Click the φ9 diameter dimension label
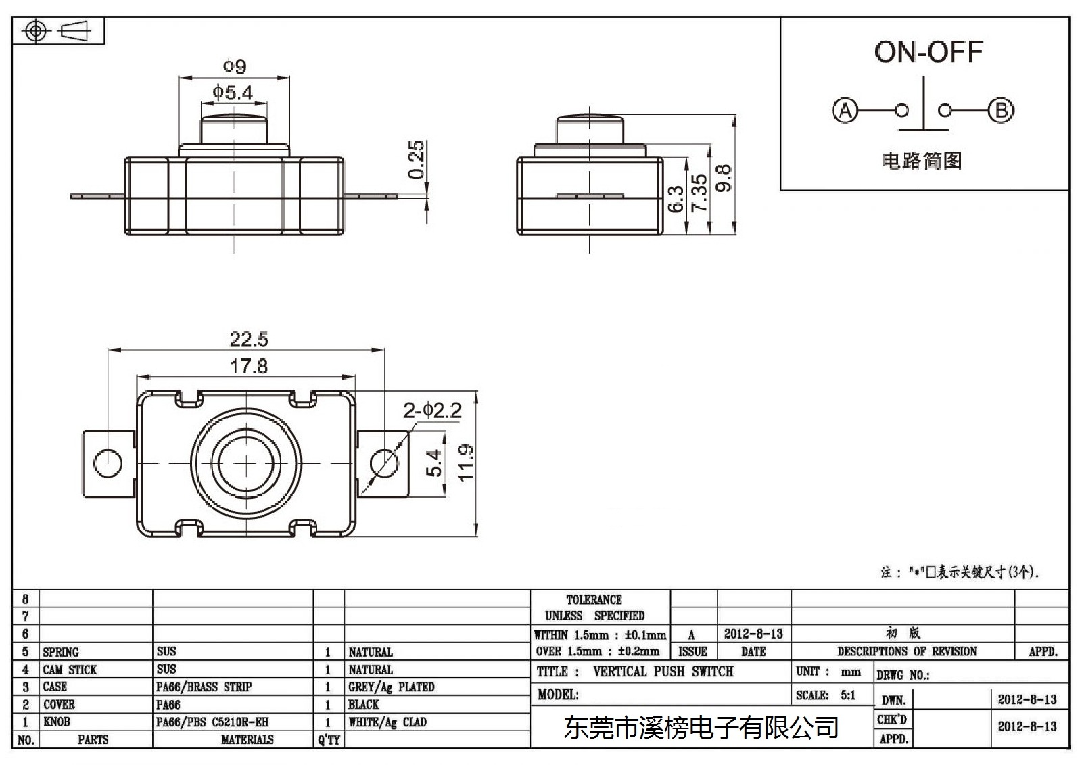234,66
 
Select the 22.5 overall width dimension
249,340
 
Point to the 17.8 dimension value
249,367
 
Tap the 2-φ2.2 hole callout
432,411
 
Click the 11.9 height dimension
466,463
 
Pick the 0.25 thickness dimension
416,160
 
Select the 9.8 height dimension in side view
724,179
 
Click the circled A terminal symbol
845,111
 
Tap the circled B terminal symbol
1001,111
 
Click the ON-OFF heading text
928,51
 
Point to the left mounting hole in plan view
108,463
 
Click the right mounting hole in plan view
385,463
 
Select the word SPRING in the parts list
61,653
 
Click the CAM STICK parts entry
70,670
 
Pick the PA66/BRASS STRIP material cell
204,687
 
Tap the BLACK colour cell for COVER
364,705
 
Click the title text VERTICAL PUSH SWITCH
663,672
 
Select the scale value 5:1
848,695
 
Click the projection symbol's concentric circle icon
36,31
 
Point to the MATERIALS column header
248,740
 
